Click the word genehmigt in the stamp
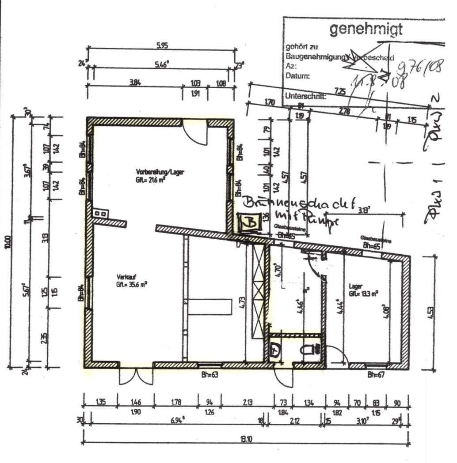(x=366, y=30)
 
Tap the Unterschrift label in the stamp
(x=305, y=95)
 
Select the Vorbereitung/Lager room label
(x=153, y=172)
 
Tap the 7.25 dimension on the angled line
(x=340, y=91)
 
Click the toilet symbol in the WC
(x=310, y=350)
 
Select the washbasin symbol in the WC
(x=275, y=351)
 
